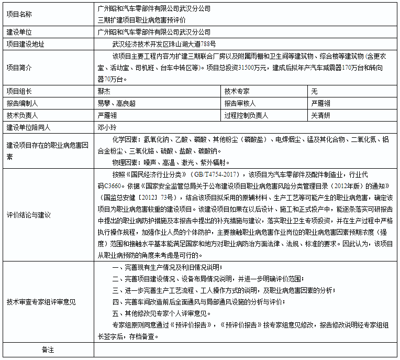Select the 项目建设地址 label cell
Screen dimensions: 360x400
[25, 44]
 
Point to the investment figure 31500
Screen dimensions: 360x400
[246, 68]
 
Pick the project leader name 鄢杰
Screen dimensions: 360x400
[104, 91]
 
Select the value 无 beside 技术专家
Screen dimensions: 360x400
[314, 91]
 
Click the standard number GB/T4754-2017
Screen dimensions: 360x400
[215, 174]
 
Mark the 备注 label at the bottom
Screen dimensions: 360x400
[48, 350]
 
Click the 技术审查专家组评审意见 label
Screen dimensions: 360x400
[41, 302]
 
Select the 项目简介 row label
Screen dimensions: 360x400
[19, 68]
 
